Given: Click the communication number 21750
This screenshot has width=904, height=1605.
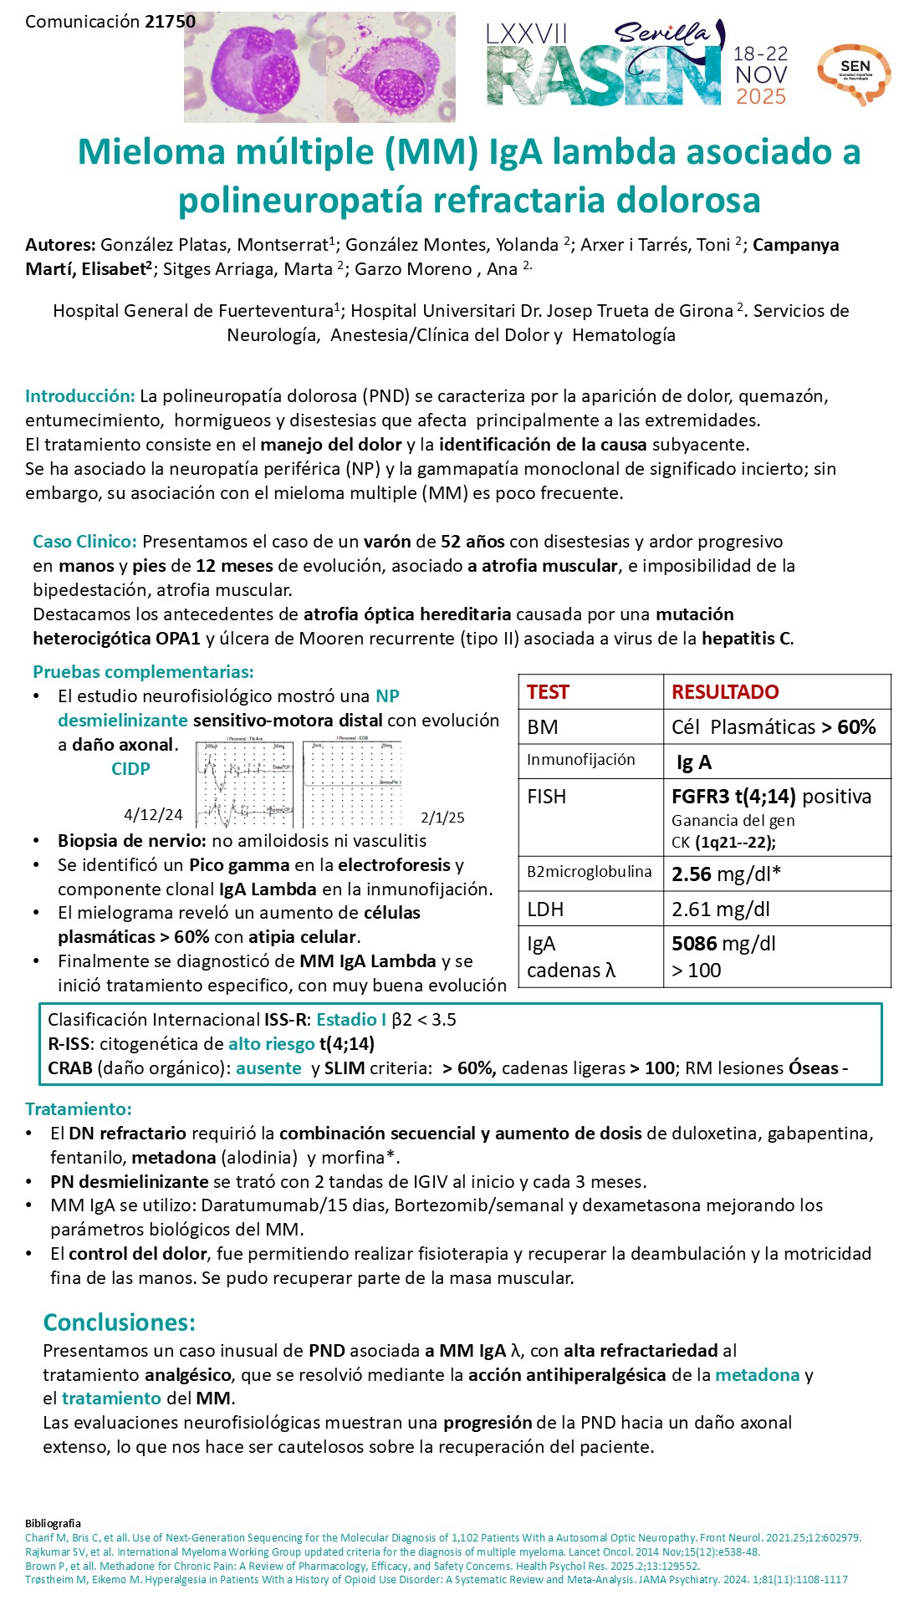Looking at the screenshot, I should click(x=170, y=22).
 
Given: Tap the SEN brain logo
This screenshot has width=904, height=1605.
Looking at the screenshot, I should click(x=854, y=74).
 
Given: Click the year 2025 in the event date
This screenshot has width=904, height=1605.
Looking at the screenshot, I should click(x=760, y=97).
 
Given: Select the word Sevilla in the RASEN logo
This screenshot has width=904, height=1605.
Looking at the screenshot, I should click(x=661, y=34).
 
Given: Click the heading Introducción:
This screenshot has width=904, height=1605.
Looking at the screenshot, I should click(x=79, y=396).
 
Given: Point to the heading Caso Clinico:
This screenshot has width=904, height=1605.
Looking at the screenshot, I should click(x=84, y=542).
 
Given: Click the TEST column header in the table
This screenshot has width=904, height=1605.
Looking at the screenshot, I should click(x=548, y=692).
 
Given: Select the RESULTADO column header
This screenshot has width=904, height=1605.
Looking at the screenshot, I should click(x=725, y=692).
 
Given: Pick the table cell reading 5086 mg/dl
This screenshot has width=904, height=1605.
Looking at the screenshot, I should click(x=723, y=944).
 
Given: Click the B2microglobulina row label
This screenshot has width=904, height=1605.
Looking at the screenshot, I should click(x=589, y=872).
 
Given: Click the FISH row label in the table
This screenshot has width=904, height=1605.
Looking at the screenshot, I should click(x=546, y=797).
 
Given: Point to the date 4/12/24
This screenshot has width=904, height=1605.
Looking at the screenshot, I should click(x=153, y=814).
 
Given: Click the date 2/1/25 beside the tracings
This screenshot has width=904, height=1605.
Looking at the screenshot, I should click(x=442, y=818).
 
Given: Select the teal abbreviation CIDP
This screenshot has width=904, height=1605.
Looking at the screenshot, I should click(x=130, y=769).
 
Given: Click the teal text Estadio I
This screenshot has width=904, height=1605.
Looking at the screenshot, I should click(x=351, y=1020).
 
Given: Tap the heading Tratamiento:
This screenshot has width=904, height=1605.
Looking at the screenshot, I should click(x=79, y=1109).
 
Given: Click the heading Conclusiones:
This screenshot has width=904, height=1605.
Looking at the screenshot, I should click(x=119, y=1322).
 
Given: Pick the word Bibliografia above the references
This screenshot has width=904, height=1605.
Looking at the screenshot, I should click(x=53, y=1524).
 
